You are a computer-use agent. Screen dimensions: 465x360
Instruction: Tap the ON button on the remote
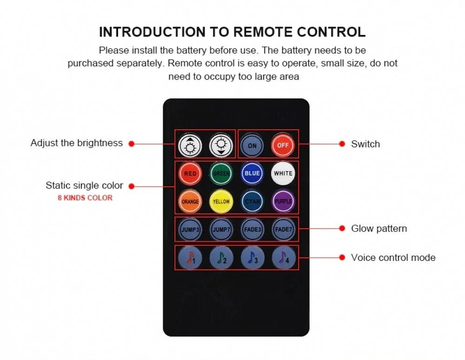tap(252, 145)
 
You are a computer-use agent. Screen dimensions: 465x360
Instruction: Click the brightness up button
tap(190, 145)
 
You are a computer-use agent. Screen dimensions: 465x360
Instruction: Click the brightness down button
tap(221, 145)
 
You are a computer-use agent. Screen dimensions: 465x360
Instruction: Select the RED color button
tap(190, 173)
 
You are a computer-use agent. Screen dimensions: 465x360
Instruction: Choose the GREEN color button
tap(221, 173)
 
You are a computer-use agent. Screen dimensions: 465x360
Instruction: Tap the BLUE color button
tap(252, 173)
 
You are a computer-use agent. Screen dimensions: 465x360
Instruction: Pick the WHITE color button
tap(283, 173)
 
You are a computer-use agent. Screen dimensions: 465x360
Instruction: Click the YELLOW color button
tap(221, 201)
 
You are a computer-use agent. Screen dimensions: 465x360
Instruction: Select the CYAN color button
tap(252, 201)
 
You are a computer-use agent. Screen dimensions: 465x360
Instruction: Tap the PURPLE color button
tap(283, 201)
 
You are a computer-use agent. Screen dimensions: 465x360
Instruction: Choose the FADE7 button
tap(284, 229)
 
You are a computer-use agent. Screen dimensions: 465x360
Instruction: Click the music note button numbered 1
tap(190, 258)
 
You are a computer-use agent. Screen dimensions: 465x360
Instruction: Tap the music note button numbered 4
tap(284, 258)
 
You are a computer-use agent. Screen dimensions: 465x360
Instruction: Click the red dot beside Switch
tap(342, 144)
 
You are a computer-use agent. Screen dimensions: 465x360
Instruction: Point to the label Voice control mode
tap(393, 257)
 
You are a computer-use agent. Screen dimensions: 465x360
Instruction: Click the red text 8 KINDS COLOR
tap(85, 198)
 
